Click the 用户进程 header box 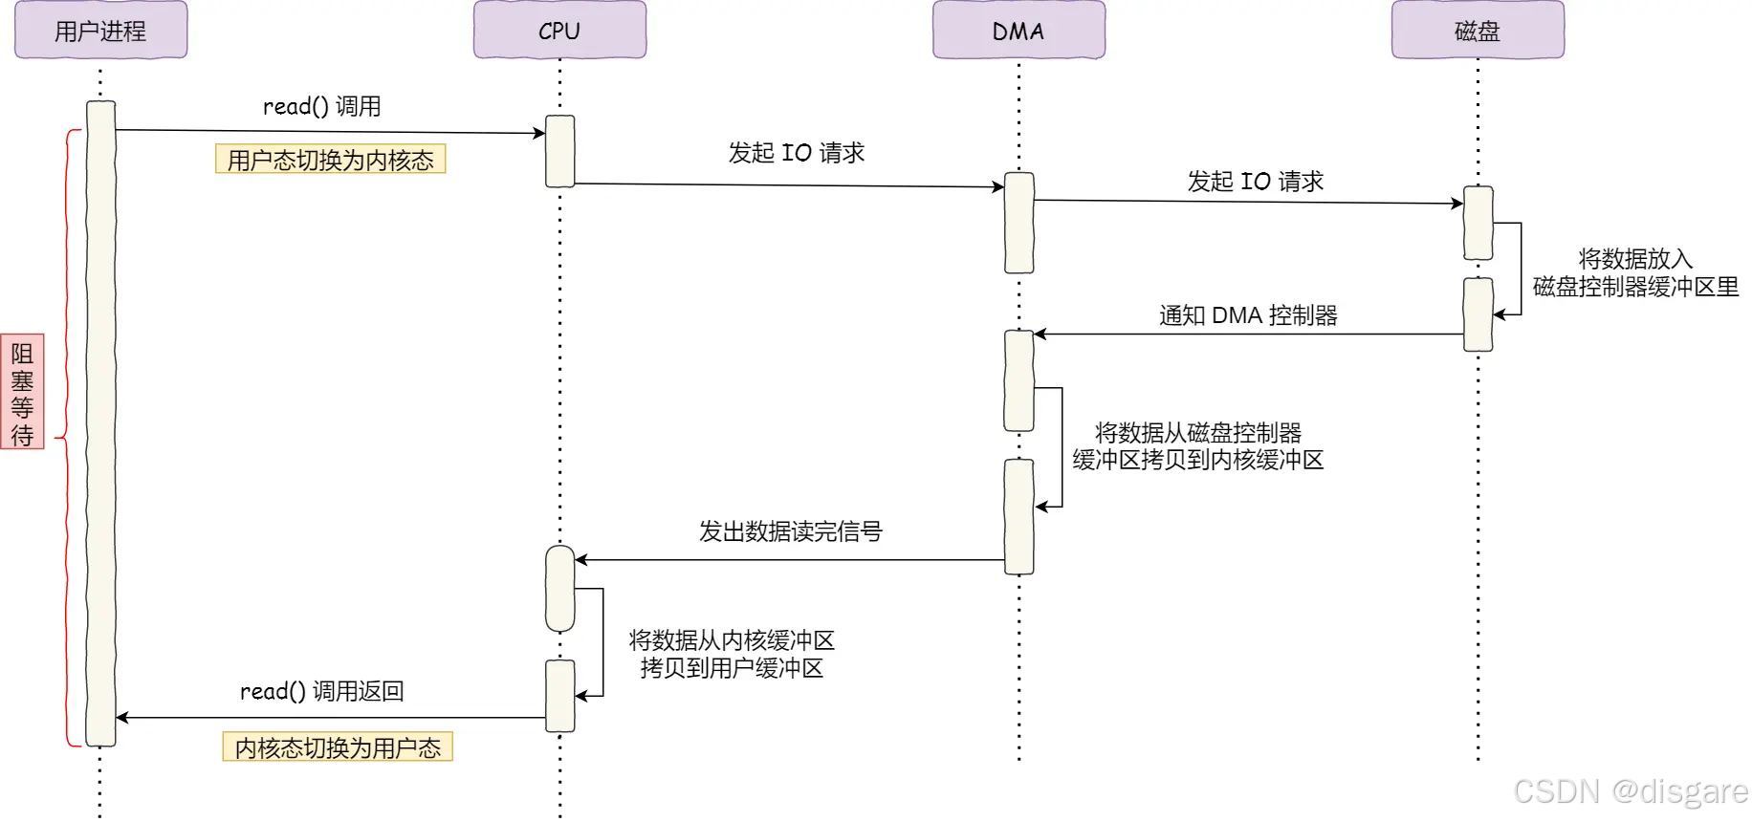(100, 31)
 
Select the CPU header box (559, 31)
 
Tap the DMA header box (1018, 31)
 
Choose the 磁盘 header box (1478, 31)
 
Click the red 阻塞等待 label (22, 393)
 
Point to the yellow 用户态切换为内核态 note (331, 160)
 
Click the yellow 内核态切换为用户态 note (338, 747)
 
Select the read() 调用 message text (321, 106)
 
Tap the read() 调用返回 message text (321, 691)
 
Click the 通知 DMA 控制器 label (1248, 315)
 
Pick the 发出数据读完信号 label (790, 531)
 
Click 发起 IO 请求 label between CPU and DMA (796, 153)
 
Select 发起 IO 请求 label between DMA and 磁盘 (1255, 182)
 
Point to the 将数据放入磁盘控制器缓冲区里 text (1635, 273)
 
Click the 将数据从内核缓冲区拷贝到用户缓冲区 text (732, 654)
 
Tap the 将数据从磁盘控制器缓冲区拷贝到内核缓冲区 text (1197, 446)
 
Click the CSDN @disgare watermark (1630, 791)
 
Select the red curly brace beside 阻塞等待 (67, 438)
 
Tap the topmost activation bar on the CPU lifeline (559, 151)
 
